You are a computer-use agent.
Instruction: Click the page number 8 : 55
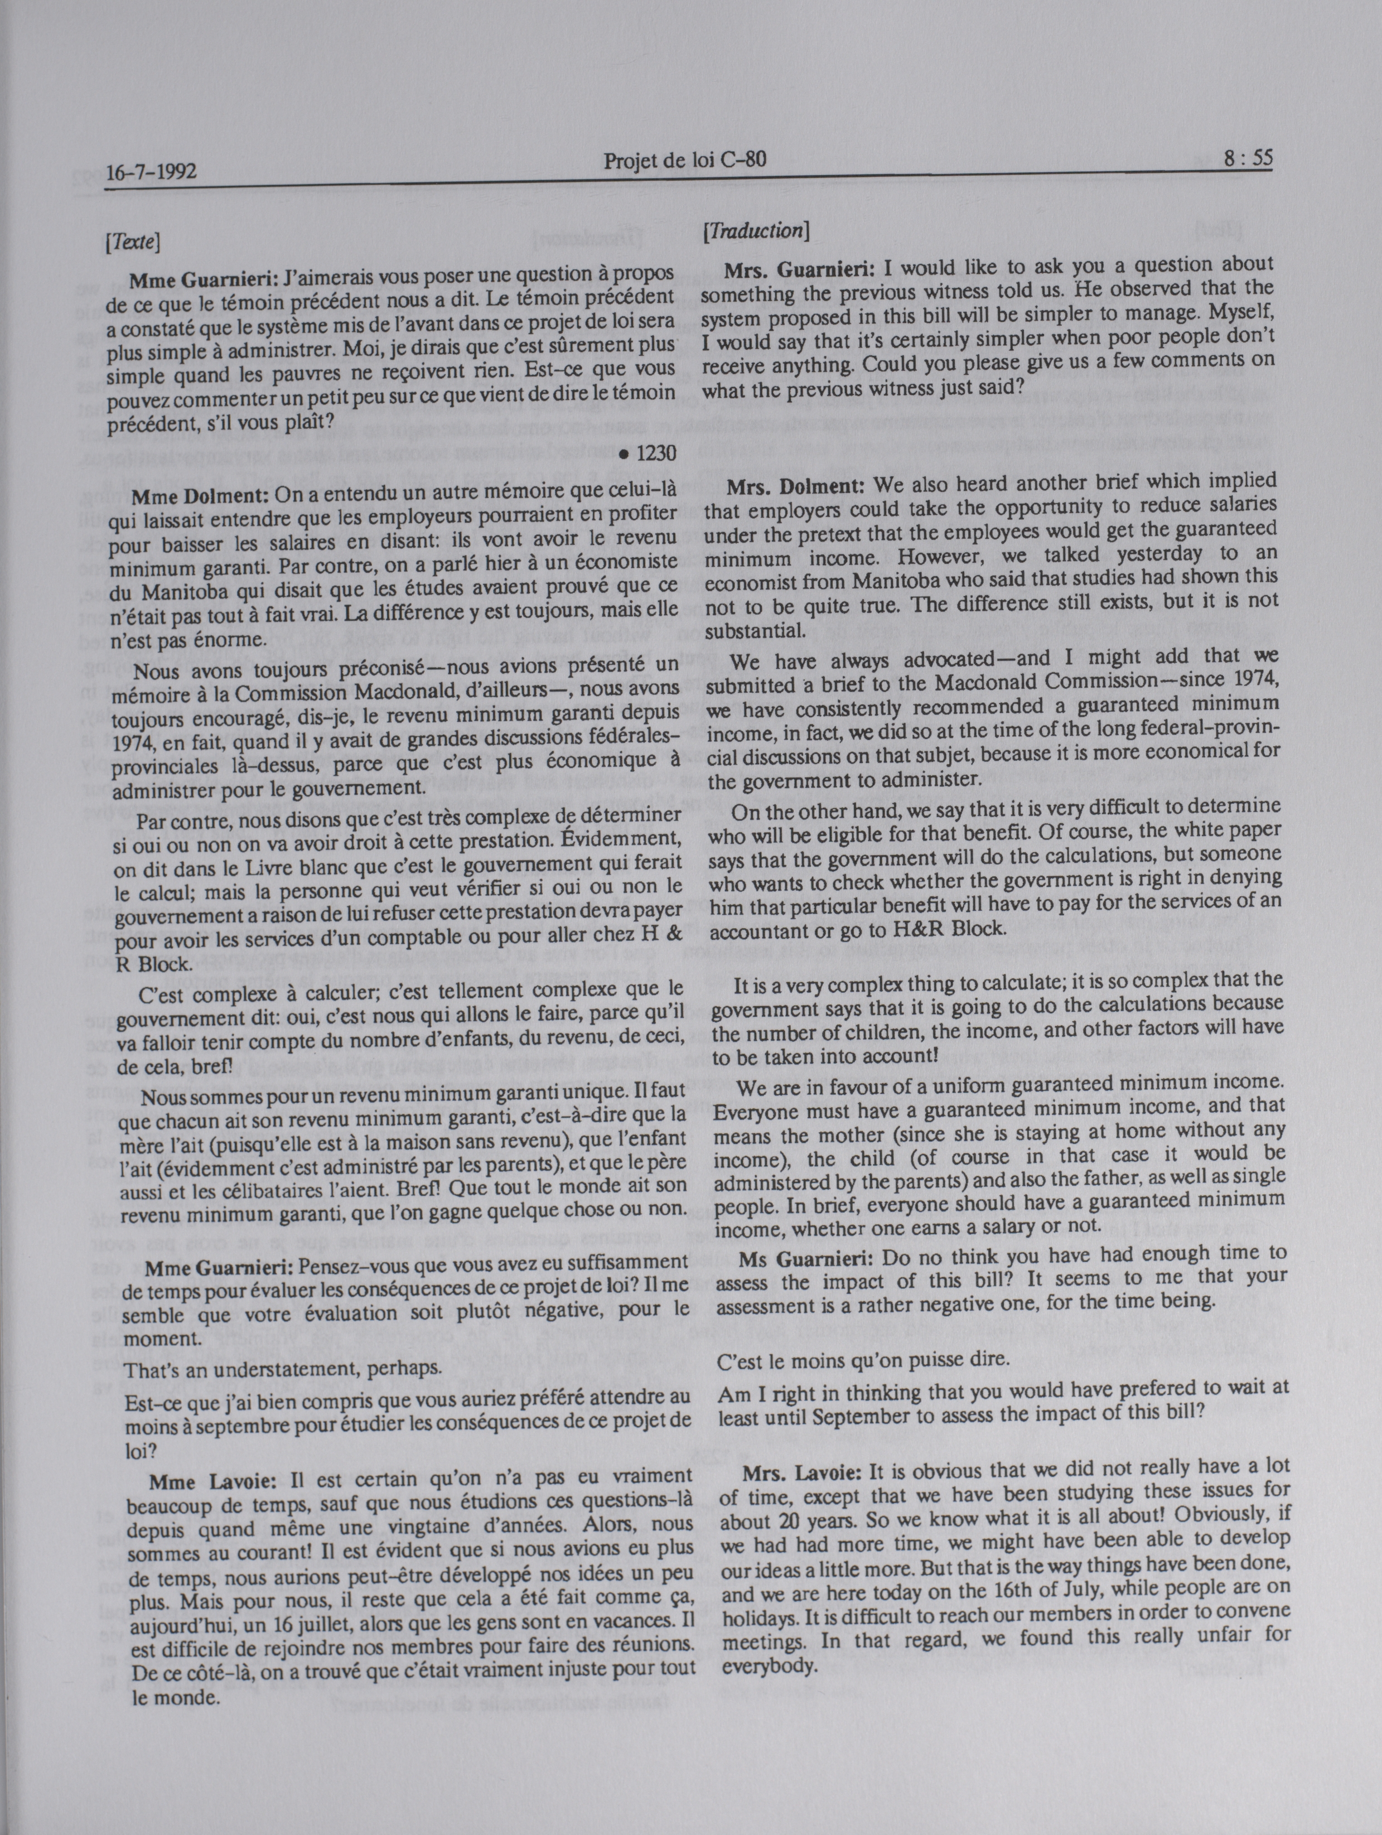coord(1247,158)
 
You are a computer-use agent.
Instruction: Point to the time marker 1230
coord(655,453)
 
